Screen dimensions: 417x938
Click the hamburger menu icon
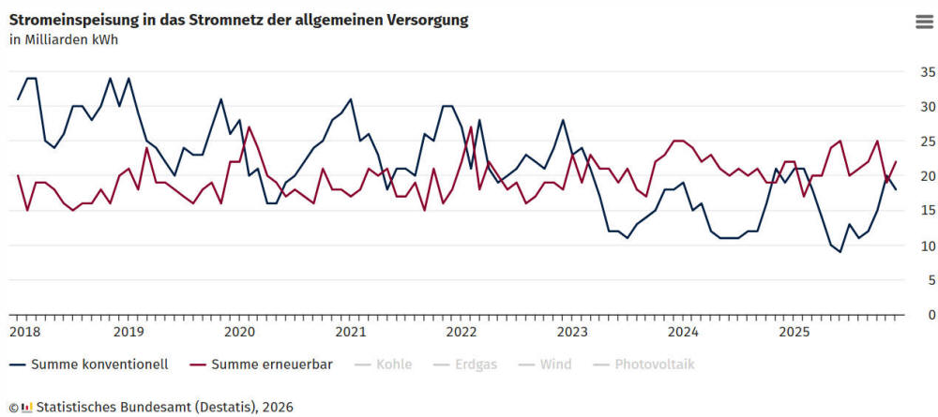click(x=924, y=23)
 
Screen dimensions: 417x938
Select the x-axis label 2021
click(x=350, y=332)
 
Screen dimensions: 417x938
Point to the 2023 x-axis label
click(x=571, y=332)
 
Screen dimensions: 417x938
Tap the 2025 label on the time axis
click(x=794, y=332)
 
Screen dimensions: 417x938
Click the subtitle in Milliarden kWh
click(x=64, y=39)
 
